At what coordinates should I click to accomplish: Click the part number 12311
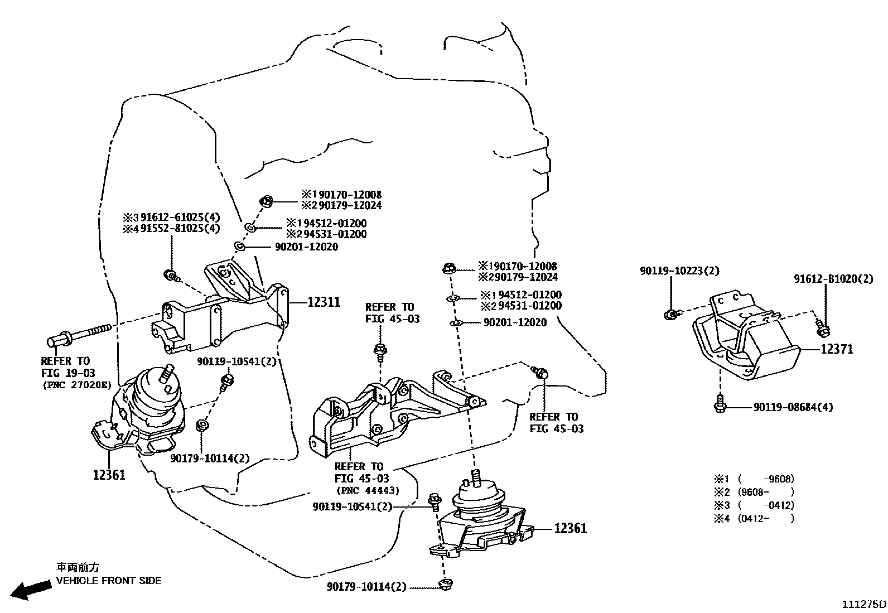click(324, 302)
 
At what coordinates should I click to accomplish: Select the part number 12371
click(836, 349)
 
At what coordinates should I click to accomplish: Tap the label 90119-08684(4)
click(793, 407)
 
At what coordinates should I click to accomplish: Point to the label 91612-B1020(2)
click(833, 279)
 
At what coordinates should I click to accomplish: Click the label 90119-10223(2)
click(679, 271)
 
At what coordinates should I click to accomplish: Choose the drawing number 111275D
click(864, 604)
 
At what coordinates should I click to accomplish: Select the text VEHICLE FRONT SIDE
click(108, 581)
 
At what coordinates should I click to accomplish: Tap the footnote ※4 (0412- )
click(754, 519)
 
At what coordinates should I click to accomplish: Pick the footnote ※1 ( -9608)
click(754, 479)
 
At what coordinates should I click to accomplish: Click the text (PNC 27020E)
click(76, 385)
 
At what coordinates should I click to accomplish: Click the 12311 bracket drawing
click(223, 312)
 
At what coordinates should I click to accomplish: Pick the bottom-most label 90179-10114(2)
click(367, 587)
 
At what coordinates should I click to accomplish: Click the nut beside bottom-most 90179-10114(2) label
click(445, 585)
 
